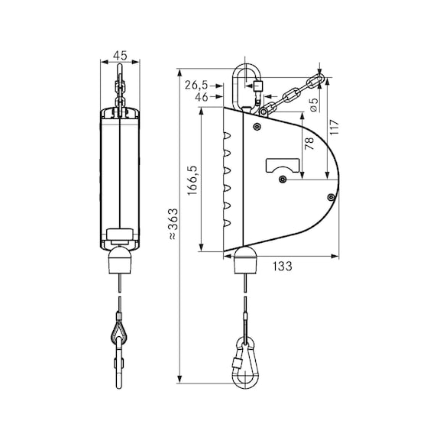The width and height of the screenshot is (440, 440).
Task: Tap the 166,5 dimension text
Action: (x=193, y=181)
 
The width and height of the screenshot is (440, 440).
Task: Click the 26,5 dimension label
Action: (x=196, y=85)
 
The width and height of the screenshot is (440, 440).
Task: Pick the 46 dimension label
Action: (x=202, y=98)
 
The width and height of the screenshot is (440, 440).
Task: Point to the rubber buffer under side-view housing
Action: (x=245, y=262)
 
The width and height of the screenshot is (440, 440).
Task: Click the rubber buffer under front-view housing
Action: (x=121, y=261)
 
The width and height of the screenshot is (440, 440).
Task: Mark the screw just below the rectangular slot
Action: (x=283, y=180)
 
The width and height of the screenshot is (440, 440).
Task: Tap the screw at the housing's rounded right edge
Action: (x=330, y=197)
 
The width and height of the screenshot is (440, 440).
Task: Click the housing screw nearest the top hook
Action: (x=257, y=125)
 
